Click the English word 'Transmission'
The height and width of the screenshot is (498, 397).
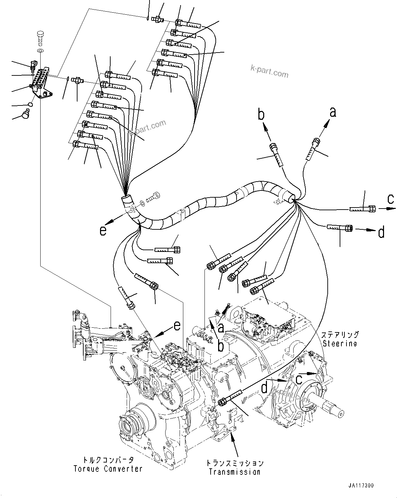(x=235, y=472)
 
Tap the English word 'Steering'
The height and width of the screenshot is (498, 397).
(x=340, y=343)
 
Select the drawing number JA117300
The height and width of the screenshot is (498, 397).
(x=361, y=485)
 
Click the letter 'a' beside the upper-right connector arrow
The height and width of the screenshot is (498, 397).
(x=332, y=112)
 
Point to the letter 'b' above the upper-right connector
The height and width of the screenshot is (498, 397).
(x=261, y=115)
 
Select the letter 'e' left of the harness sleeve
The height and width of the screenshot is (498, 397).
(x=103, y=231)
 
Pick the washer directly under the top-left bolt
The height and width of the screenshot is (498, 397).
(x=40, y=51)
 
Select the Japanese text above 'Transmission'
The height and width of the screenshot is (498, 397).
(x=235, y=463)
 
